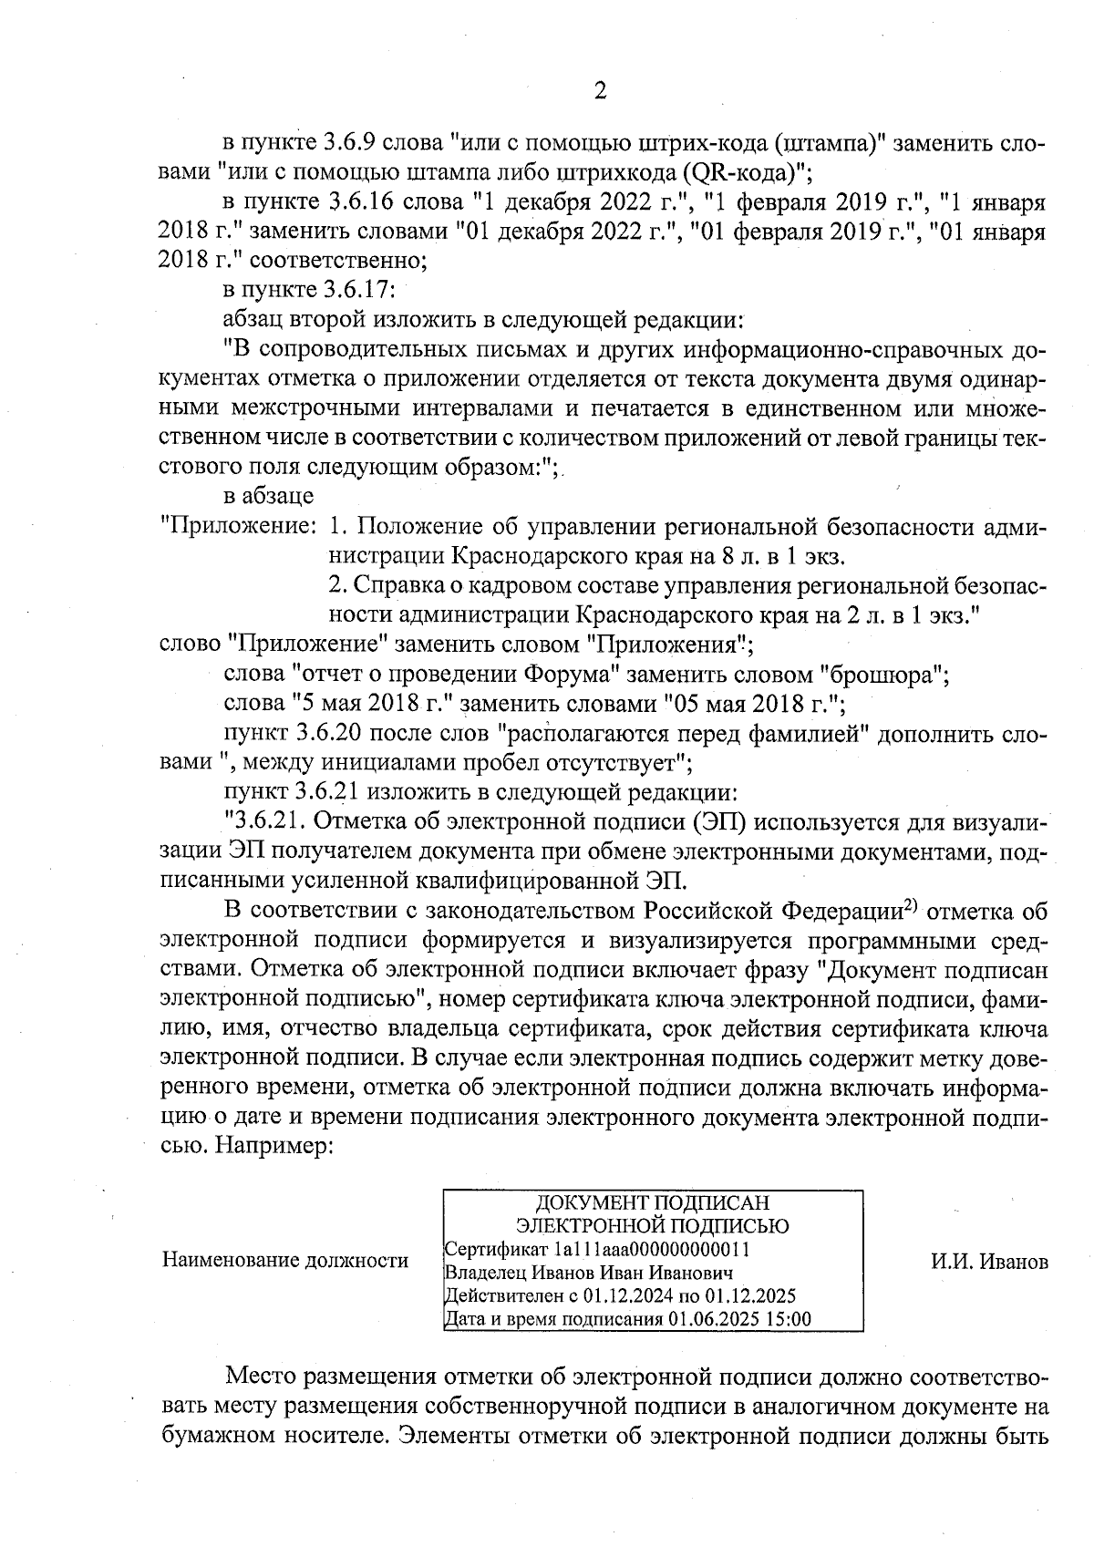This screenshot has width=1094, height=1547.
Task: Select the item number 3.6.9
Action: [353, 143]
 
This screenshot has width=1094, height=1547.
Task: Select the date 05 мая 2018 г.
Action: [748, 705]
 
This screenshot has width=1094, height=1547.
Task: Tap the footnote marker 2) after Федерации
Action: [909, 906]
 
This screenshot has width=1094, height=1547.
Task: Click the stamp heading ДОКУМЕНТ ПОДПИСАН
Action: [652, 1203]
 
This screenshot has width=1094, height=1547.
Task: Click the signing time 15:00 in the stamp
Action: [790, 1319]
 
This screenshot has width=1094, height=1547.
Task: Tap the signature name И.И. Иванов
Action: [989, 1262]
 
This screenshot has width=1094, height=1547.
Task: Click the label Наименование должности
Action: [284, 1261]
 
